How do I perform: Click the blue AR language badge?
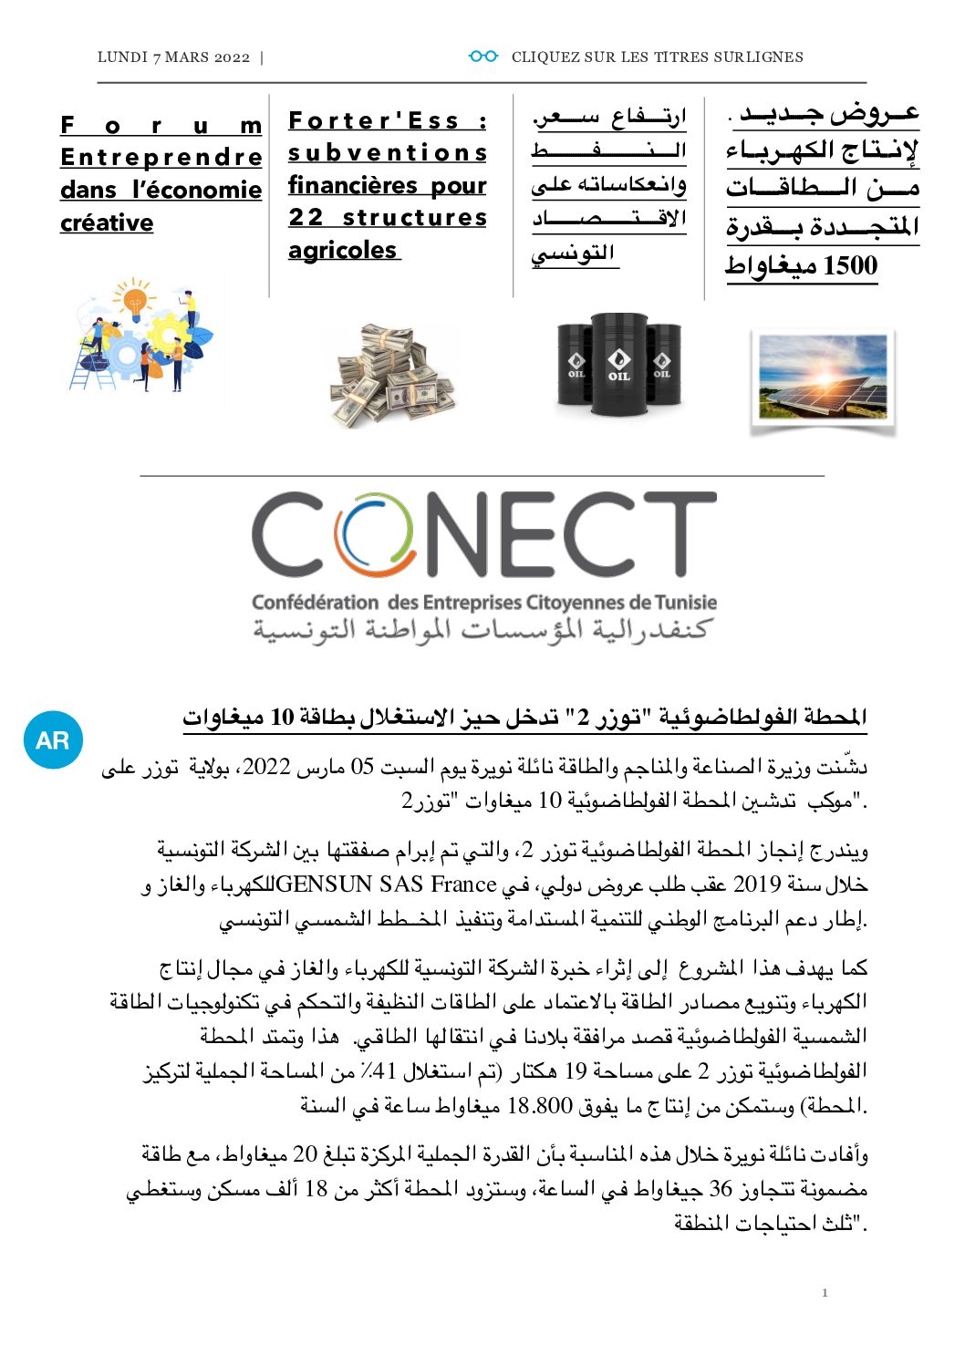pos(53,739)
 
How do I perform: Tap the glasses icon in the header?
pos(483,57)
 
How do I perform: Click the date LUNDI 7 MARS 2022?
pos(173,57)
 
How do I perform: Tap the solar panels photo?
pos(823,379)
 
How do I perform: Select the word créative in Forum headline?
pos(107,223)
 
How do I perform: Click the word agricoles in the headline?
pos(343,251)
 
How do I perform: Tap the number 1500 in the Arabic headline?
pos(850,266)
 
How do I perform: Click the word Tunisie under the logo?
pos(686,603)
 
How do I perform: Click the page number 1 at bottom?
pos(825,1292)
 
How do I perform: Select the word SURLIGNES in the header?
pos(758,57)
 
